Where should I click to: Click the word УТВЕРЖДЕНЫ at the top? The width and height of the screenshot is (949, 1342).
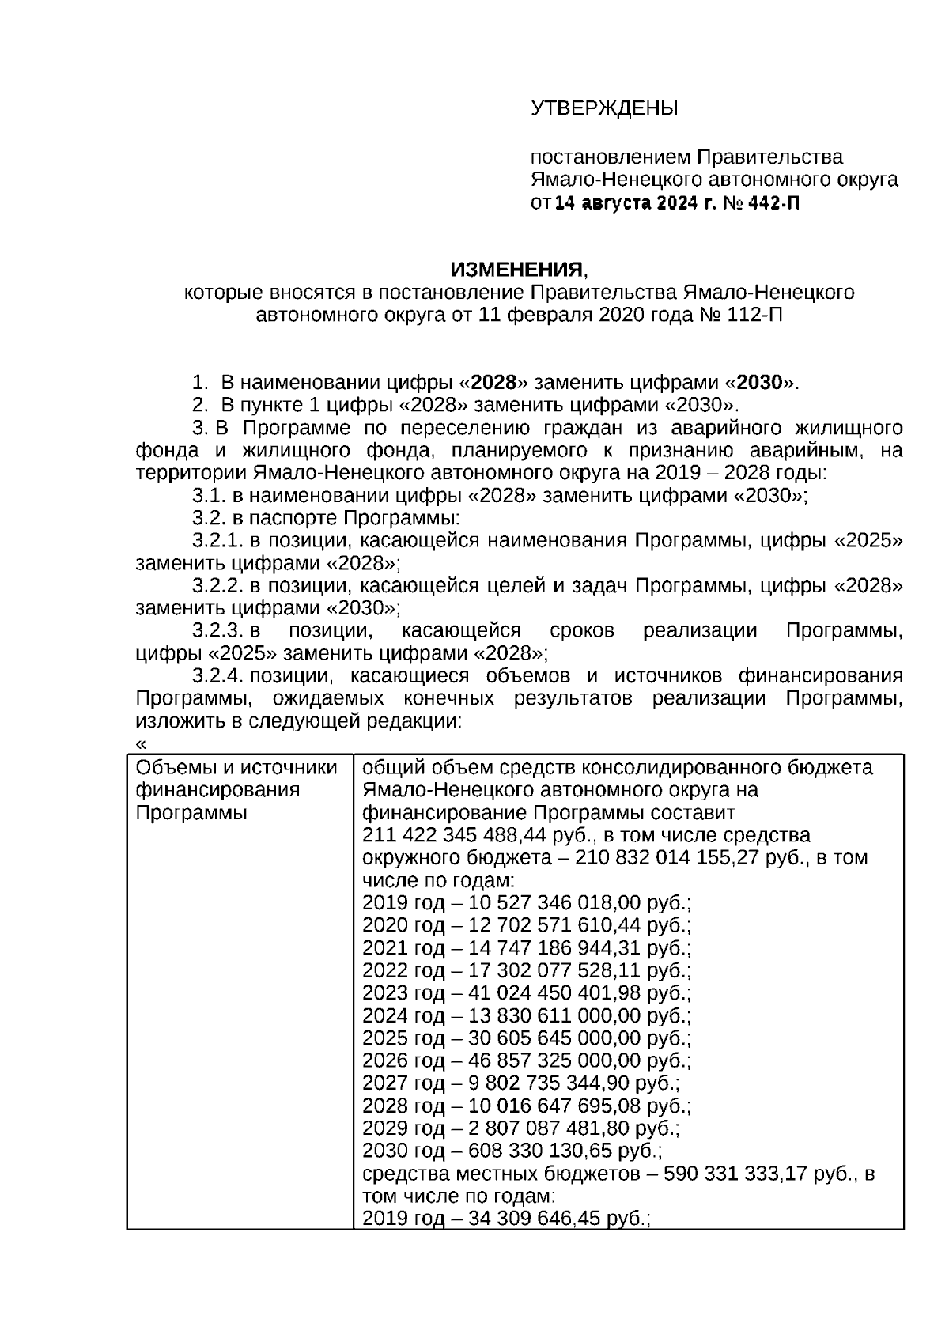coord(604,108)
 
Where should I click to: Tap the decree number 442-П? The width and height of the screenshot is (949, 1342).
coord(773,203)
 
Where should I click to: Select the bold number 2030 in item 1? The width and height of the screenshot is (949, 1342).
coord(759,384)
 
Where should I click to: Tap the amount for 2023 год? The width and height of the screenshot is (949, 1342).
coord(553,993)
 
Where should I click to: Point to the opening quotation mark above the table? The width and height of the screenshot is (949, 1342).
coord(142,744)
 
